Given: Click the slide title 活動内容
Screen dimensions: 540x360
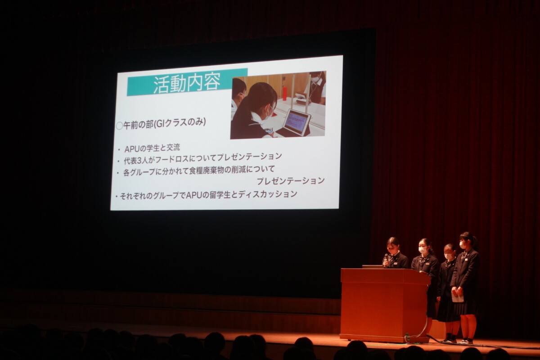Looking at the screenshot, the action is click(x=187, y=83).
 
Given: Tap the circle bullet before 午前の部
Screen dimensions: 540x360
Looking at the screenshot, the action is click(x=120, y=126).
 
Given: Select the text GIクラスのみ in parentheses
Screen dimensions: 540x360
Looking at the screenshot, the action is click(x=180, y=123).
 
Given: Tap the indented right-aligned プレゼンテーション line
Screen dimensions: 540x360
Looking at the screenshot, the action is click(x=291, y=180).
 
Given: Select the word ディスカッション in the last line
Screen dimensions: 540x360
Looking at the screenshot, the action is click(x=268, y=193).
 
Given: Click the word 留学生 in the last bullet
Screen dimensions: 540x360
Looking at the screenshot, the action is click(x=220, y=194).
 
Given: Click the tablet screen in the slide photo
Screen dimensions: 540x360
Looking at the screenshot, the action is click(x=297, y=122).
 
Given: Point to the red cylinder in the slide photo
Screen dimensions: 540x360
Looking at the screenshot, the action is click(x=285, y=94).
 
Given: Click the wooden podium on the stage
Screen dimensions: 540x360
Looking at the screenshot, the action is click(x=385, y=305).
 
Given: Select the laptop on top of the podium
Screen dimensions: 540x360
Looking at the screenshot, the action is click(x=373, y=266).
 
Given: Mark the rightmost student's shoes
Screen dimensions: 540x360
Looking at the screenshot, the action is click(x=466, y=341).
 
